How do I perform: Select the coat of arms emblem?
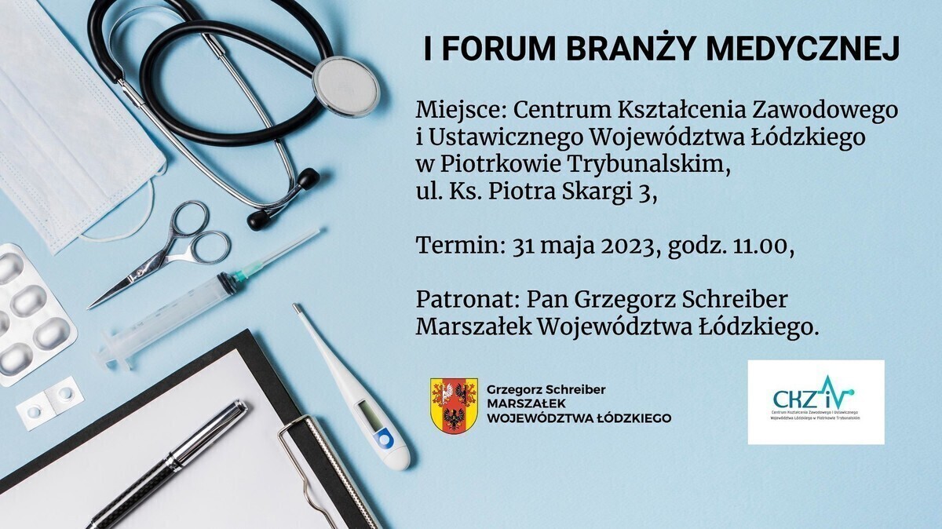click(454, 403)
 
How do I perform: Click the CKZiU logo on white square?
click(816, 402)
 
